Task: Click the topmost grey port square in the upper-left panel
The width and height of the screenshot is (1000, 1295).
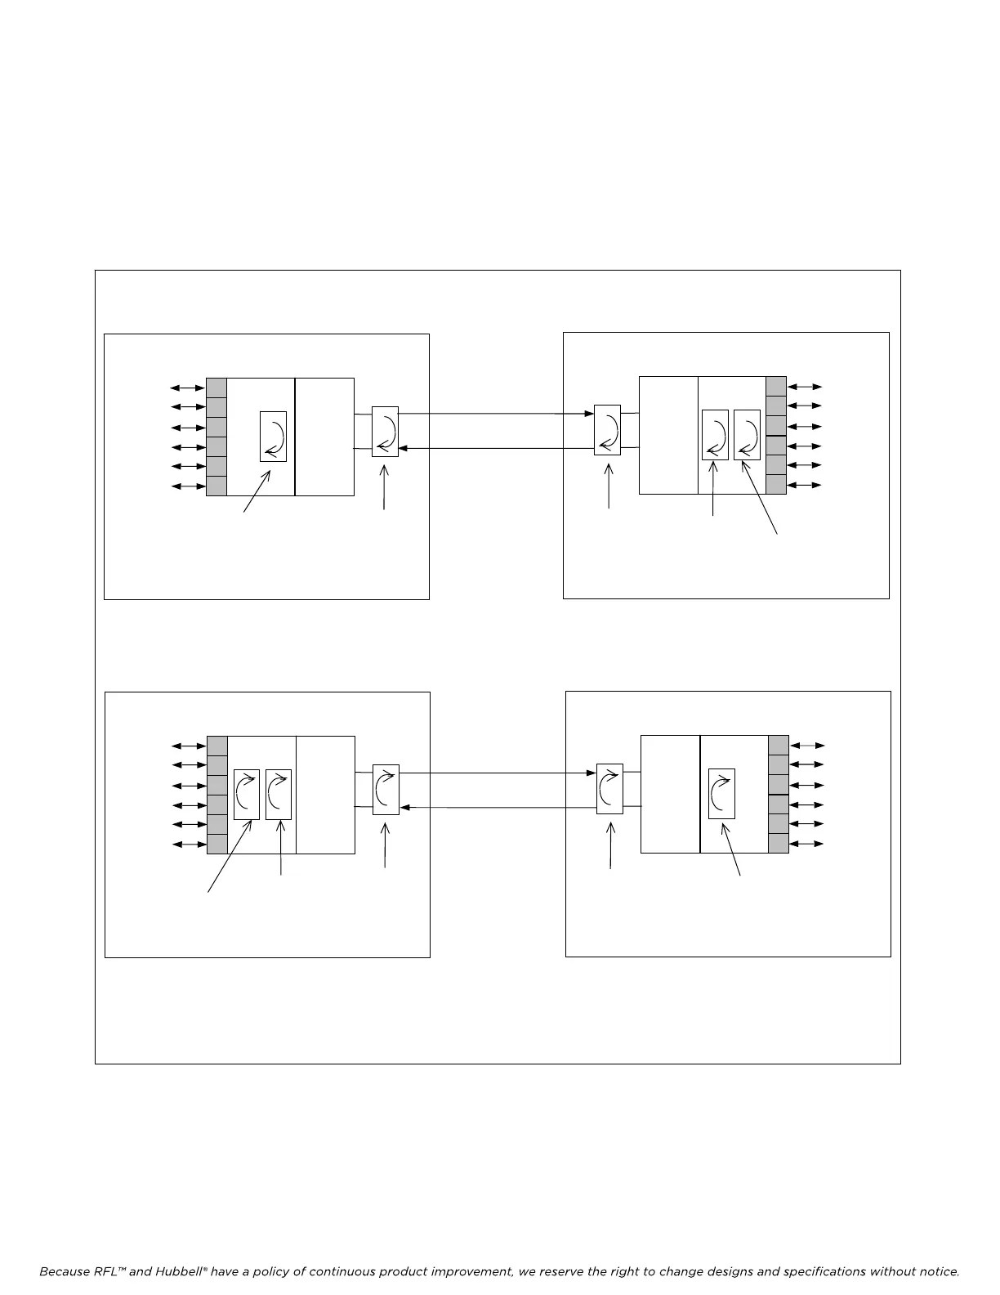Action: pos(217,388)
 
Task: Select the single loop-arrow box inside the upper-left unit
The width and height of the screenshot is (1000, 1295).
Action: pos(274,437)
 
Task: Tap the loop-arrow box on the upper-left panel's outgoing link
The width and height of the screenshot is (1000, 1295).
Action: pos(385,432)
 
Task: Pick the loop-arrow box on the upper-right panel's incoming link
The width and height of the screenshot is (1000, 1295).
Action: pos(607,430)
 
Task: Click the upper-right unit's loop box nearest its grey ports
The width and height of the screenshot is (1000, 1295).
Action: pos(747,435)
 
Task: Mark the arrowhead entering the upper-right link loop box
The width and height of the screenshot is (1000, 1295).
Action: pos(589,414)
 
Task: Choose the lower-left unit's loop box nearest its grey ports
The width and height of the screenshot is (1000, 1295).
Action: pos(247,794)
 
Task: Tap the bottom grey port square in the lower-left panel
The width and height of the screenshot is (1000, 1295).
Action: pos(217,844)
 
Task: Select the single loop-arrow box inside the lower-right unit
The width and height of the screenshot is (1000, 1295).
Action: pos(721,794)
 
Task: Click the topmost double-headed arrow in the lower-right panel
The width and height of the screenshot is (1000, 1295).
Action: pos(809,746)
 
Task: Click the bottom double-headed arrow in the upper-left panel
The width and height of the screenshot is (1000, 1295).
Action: pos(187,486)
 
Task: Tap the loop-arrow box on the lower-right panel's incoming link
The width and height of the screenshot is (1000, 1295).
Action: pos(609,789)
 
